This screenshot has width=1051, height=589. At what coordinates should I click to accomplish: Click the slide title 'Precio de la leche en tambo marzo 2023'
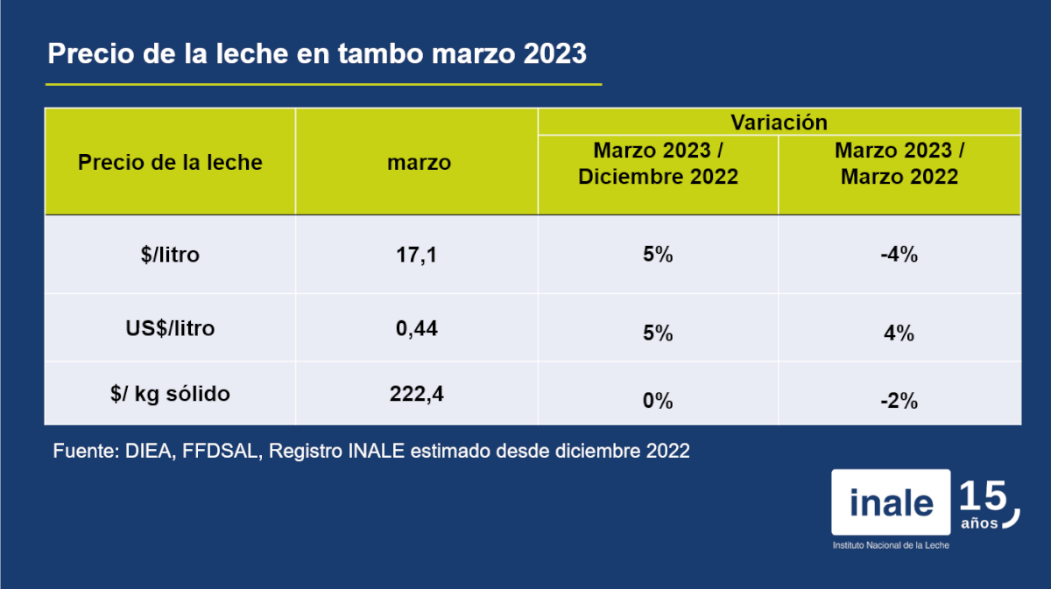click(316, 54)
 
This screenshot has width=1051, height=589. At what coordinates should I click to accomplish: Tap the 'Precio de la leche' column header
click(170, 162)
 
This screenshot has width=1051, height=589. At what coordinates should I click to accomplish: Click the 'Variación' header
click(779, 122)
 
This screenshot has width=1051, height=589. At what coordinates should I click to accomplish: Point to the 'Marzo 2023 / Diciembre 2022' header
click(658, 164)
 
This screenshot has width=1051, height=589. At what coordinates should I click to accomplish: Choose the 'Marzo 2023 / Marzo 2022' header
click(899, 164)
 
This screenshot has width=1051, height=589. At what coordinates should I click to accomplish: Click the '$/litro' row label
click(170, 256)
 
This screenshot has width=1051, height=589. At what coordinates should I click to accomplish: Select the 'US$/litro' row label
click(170, 329)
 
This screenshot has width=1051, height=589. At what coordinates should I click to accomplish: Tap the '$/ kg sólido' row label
click(170, 394)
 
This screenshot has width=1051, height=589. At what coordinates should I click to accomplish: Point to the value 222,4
click(416, 394)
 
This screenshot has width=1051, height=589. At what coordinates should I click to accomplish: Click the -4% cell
click(899, 256)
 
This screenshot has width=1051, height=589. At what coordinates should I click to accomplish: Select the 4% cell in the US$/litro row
click(899, 333)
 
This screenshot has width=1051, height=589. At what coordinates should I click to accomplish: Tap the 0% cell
click(658, 401)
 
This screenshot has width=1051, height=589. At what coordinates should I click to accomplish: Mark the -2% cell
click(899, 401)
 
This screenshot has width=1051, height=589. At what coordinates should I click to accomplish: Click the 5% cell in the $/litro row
click(658, 256)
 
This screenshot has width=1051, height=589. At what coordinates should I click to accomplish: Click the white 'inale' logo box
click(891, 502)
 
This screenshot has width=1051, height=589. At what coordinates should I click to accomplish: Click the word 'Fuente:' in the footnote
click(81, 452)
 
